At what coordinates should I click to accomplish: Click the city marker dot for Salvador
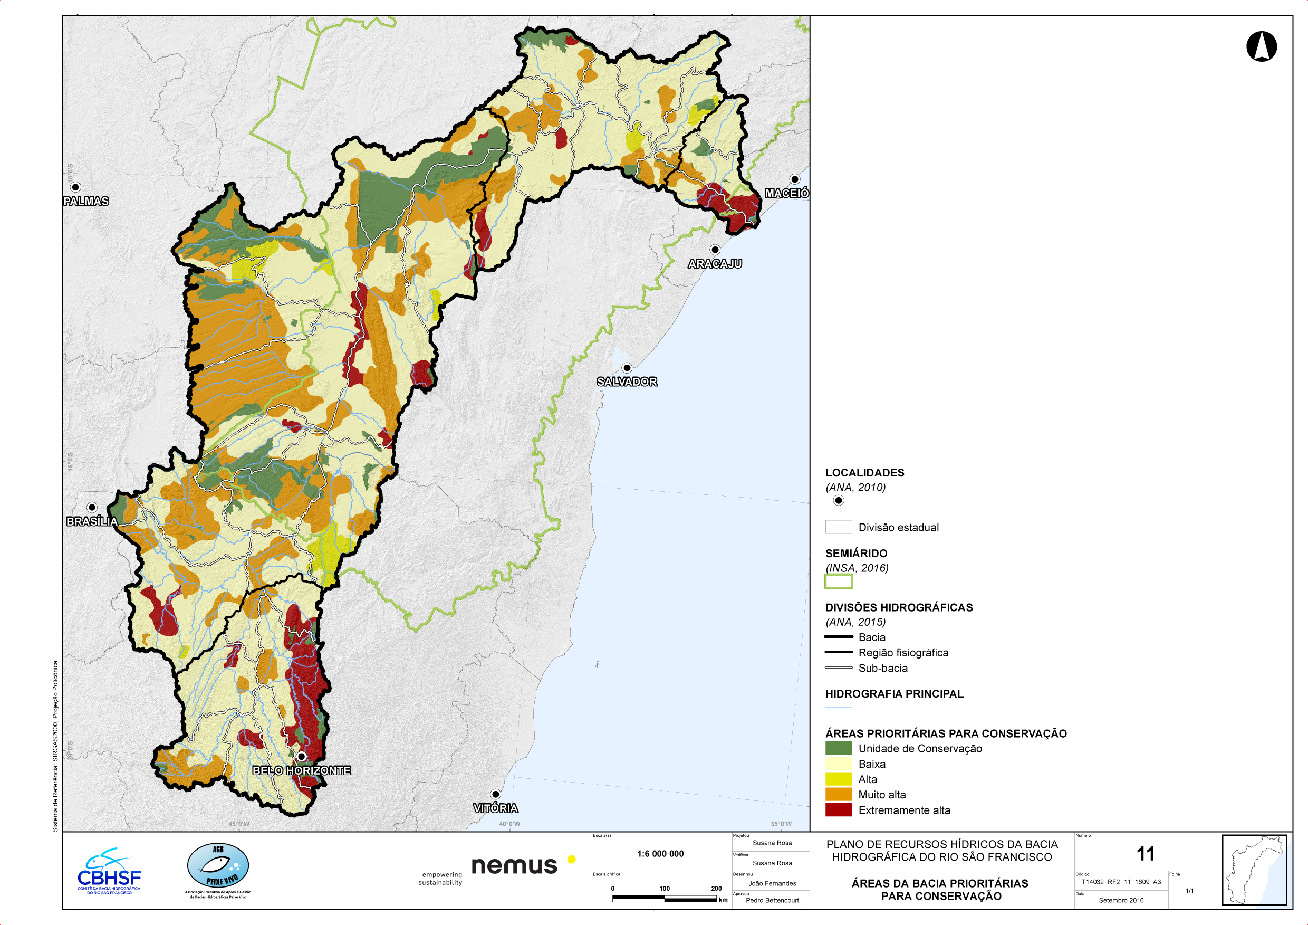point(627,368)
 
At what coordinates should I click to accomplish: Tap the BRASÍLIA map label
point(92,521)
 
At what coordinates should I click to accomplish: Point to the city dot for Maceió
point(795,179)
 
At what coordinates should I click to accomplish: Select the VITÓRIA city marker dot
point(496,794)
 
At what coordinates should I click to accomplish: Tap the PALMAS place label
point(86,201)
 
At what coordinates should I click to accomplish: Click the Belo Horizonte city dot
point(301,756)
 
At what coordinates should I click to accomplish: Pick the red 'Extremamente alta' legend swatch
point(838,810)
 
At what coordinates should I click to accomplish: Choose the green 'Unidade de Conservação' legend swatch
point(838,748)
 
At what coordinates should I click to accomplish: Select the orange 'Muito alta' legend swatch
point(838,795)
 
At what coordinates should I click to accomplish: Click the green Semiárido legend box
point(838,581)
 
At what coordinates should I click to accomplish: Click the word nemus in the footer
point(514,866)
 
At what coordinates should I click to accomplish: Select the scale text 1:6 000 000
point(660,854)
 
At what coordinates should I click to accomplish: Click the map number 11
point(1145,854)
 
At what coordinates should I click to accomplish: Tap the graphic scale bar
point(664,899)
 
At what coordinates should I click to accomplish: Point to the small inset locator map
point(1253,870)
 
